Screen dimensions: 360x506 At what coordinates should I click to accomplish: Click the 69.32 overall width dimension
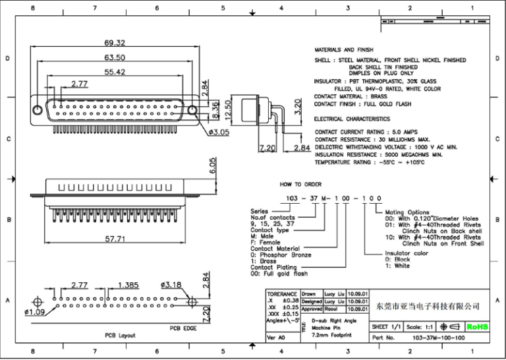[x=116, y=42]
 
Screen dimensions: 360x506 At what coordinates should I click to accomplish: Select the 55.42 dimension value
[x=115, y=71]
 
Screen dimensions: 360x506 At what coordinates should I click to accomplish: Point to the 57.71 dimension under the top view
[x=116, y=240]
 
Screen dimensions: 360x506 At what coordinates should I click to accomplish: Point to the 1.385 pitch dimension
[x=128, y=285]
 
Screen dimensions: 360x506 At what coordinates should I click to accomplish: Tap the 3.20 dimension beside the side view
[x=297, y=105]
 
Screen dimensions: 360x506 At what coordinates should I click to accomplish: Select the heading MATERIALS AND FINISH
[x=343, y=50]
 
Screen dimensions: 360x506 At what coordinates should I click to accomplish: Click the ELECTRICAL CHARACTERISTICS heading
[x=352, y=119]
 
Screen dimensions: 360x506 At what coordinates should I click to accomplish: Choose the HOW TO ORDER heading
[x=300, y=185]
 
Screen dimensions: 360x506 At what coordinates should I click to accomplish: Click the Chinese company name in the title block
[x=427, y=306]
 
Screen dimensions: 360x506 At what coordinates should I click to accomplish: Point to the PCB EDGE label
[x=184, y=328]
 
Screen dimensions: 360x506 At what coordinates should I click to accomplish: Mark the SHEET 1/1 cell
[x=387, y=326]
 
